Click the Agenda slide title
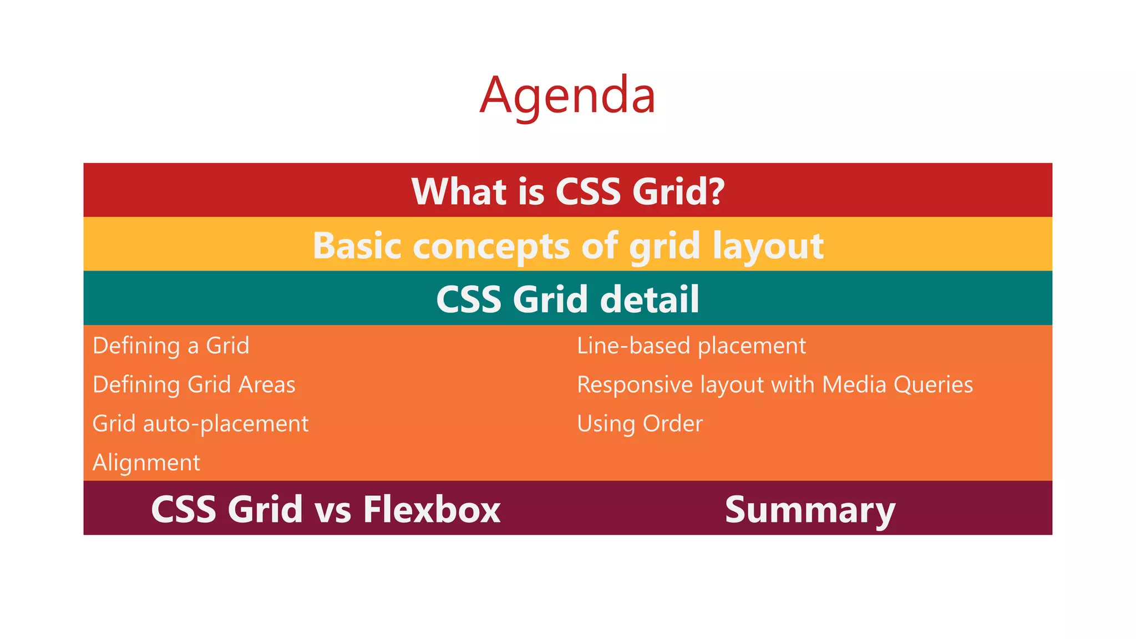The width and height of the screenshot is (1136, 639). (x=567, y=95)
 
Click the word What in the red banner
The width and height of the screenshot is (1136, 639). (x=459, y=192)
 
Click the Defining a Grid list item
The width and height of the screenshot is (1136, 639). (x=171, y=346)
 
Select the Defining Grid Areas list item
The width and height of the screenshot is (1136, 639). (x=194, y=385)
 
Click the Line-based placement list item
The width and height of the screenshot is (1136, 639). (x=691, y=346)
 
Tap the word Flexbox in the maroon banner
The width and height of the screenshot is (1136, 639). (x=432, y=509)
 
